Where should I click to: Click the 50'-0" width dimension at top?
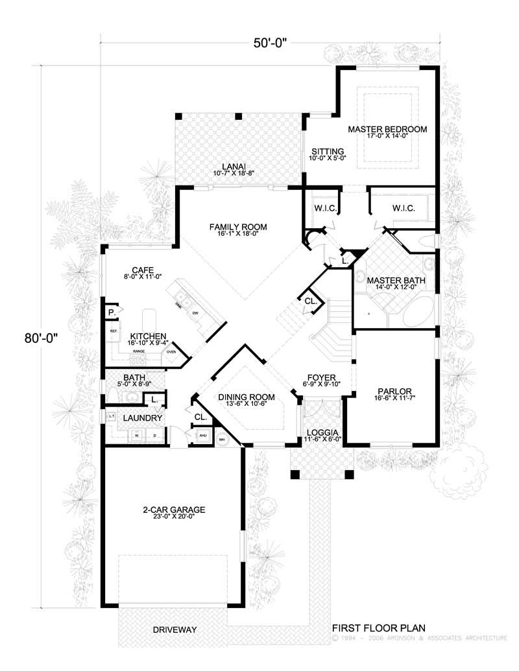[x=269, y=43]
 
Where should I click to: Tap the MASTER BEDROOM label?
[x=387, y=130]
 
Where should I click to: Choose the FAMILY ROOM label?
[x=238, y=227]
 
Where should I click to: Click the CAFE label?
[x=141, y=270]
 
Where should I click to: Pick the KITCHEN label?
[x=149, y=336]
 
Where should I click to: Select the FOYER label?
[x=322, y=376]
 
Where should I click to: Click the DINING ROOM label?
[x=247, y=397]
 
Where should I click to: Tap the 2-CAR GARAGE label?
[x=174, y=510]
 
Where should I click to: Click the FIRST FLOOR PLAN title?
[x=378, y=628]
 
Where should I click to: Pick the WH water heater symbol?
[x=222, y=439]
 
